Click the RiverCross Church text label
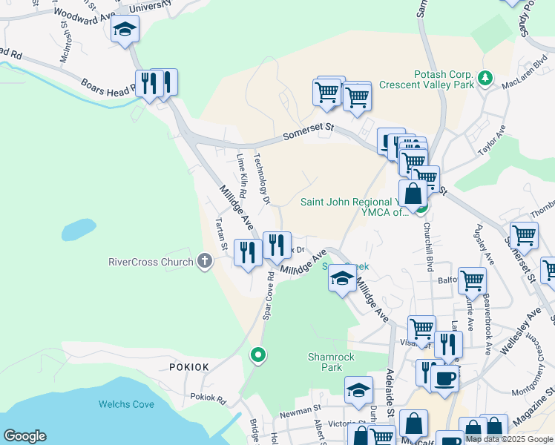click(x=151, y=262)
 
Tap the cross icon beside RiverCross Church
click(x=205, y=261)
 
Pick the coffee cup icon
click(x=444, y=378)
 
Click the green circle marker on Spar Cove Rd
click(x=257, y=355)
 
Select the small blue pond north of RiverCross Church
click(x=78, y=230)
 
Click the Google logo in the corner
click(x=25, y=436)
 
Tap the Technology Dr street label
click(x=260, y=178)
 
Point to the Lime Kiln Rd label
click(x=241, y=170)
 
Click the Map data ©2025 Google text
click(x=510, y=439)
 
